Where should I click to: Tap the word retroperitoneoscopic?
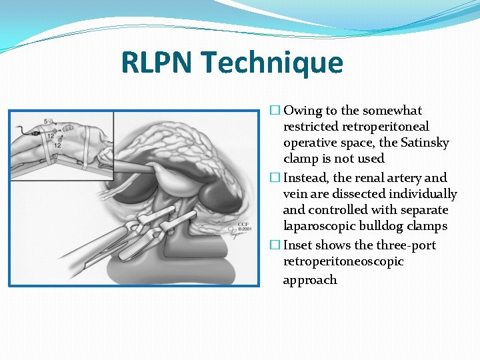point(343,261)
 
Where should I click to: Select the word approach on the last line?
point(310,280)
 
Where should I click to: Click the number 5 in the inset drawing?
point(46,121)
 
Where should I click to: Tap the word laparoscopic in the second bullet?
point(317,226)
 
